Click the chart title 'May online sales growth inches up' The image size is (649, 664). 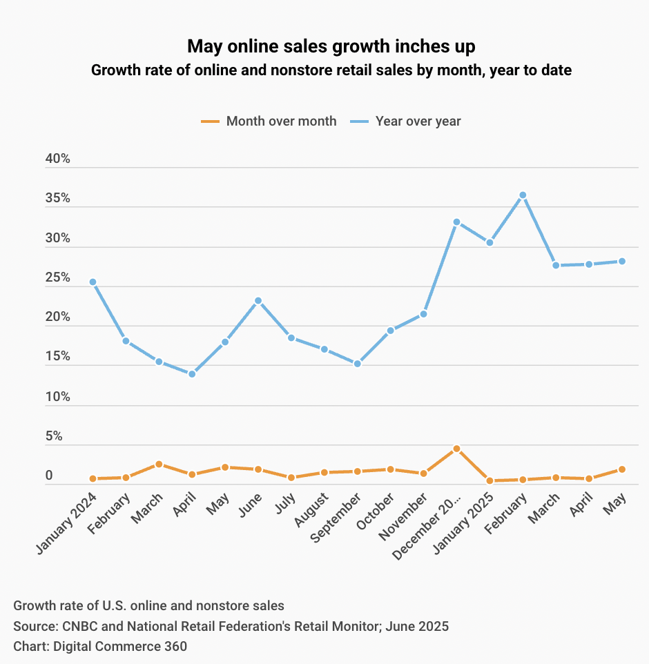[331, 46]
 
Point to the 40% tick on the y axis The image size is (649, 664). [58, 159]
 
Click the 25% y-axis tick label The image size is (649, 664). [58, 278]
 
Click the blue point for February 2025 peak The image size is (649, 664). [523, 195]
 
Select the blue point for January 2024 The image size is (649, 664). [93, 282]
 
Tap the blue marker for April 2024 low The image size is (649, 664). [192, 374]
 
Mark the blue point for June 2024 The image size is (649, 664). [258, 301]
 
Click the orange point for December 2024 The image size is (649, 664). [456, 449]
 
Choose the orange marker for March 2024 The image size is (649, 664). [159, 465]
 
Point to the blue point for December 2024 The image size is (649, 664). [456, 222]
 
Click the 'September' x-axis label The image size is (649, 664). [337, 517]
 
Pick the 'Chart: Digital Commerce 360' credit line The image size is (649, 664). [100, 647]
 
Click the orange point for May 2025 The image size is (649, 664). [622, 469]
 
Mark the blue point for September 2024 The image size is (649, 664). [357, 364]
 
